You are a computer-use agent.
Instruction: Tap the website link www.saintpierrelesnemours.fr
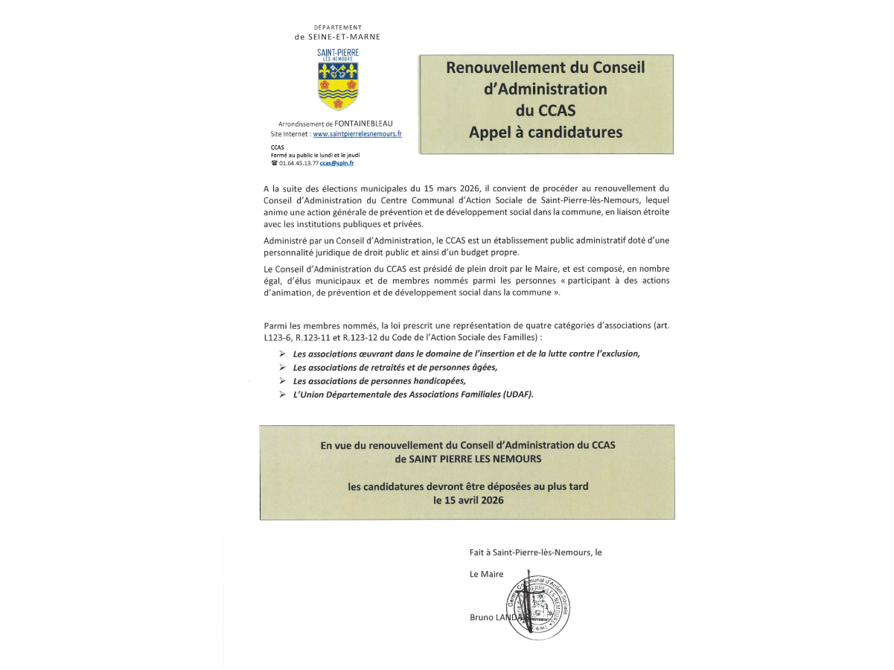(x=357, y=134)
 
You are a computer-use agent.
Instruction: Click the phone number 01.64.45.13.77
(x=298, y=163)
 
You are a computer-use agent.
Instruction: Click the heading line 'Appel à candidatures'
(x=546, y=133)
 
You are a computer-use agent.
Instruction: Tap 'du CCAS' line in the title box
(x=546, y=111)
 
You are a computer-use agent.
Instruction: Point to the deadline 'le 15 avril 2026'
(x=468, y=500)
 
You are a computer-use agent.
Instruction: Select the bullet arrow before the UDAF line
(x=282, y=395)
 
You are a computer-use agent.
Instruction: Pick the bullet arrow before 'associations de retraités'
(x=282, y=367)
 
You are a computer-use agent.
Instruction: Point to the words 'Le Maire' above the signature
(x=486, y=574)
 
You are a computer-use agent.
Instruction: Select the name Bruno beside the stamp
(x=482, y=618)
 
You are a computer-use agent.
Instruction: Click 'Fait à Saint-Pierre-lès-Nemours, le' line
(x=535, y=552)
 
